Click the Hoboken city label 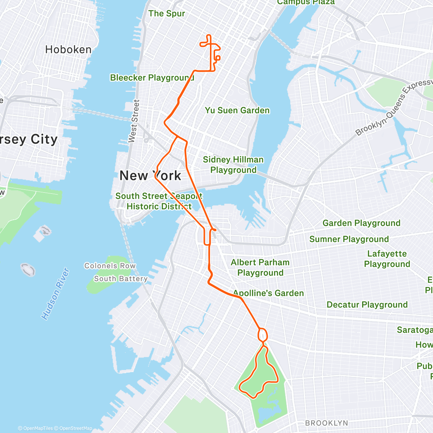[x=68, y=49]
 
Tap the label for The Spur [x=167, y=14]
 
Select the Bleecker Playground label [x=152, y=78]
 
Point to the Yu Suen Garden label [x=237, y=110]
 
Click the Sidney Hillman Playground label [x=233, y=165]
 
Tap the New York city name [x=150, y=176]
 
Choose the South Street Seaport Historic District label [x=159, y=201]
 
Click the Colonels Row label [x=110, y=266]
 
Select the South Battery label [x=121, y=279]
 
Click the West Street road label [x=134, y=121]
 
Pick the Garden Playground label [x=361, y=223]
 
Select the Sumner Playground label [x=349, y=239]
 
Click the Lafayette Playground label [x=387, y=259]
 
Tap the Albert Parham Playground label [x=260, y=267]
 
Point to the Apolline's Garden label [x=268, y=293]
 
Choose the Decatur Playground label [x=367, y=305]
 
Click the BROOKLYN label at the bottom [x=327, y=423]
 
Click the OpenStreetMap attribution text [x=75, y=428]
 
